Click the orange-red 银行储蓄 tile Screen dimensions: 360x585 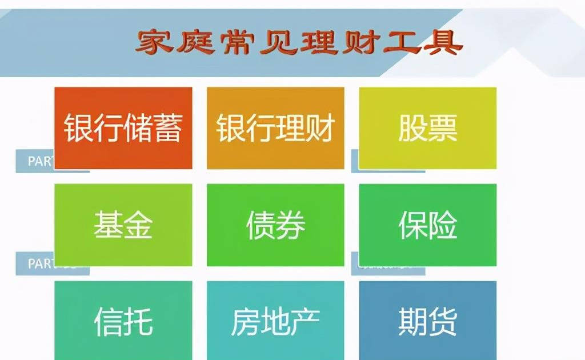click(x=123, y=127)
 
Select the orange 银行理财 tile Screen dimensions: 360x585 click(x=275, y=127)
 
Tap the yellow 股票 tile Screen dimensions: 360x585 click(x=427, y=127)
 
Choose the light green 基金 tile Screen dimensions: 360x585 click(x=123, y=225)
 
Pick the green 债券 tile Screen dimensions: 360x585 click(x=275, y=225)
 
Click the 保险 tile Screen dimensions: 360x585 click(x=427, y=225)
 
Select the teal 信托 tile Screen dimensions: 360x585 click(x=123, y=320)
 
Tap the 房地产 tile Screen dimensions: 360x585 click(x=275, y=320)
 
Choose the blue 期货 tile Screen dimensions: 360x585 click(x=427, y=320)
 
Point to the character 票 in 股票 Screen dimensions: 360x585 click(x=443, y=128)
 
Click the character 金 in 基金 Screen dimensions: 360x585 click(x=138, y=225)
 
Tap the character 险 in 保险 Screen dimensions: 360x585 click(x=443, y=225)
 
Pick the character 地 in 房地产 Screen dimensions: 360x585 click(x=275, y=321)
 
